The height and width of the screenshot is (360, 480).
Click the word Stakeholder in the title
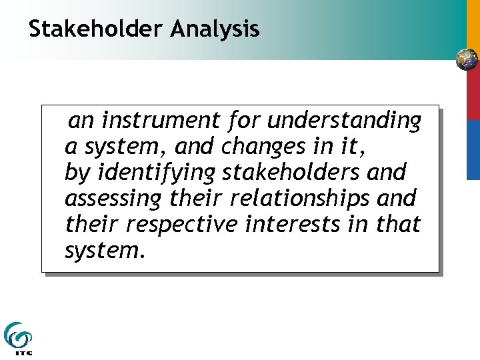pyautogui.click(x=96, y=29)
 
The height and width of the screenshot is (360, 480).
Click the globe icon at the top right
pyautogui.click(x=467, y=60)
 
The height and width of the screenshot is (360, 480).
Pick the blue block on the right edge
pyautogui.click(x=473, y=149)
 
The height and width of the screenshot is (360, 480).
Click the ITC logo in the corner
pyautogui.click(x=18, y=339)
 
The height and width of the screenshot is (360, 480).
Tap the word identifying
pyautogui.click(x=157, y=172)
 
